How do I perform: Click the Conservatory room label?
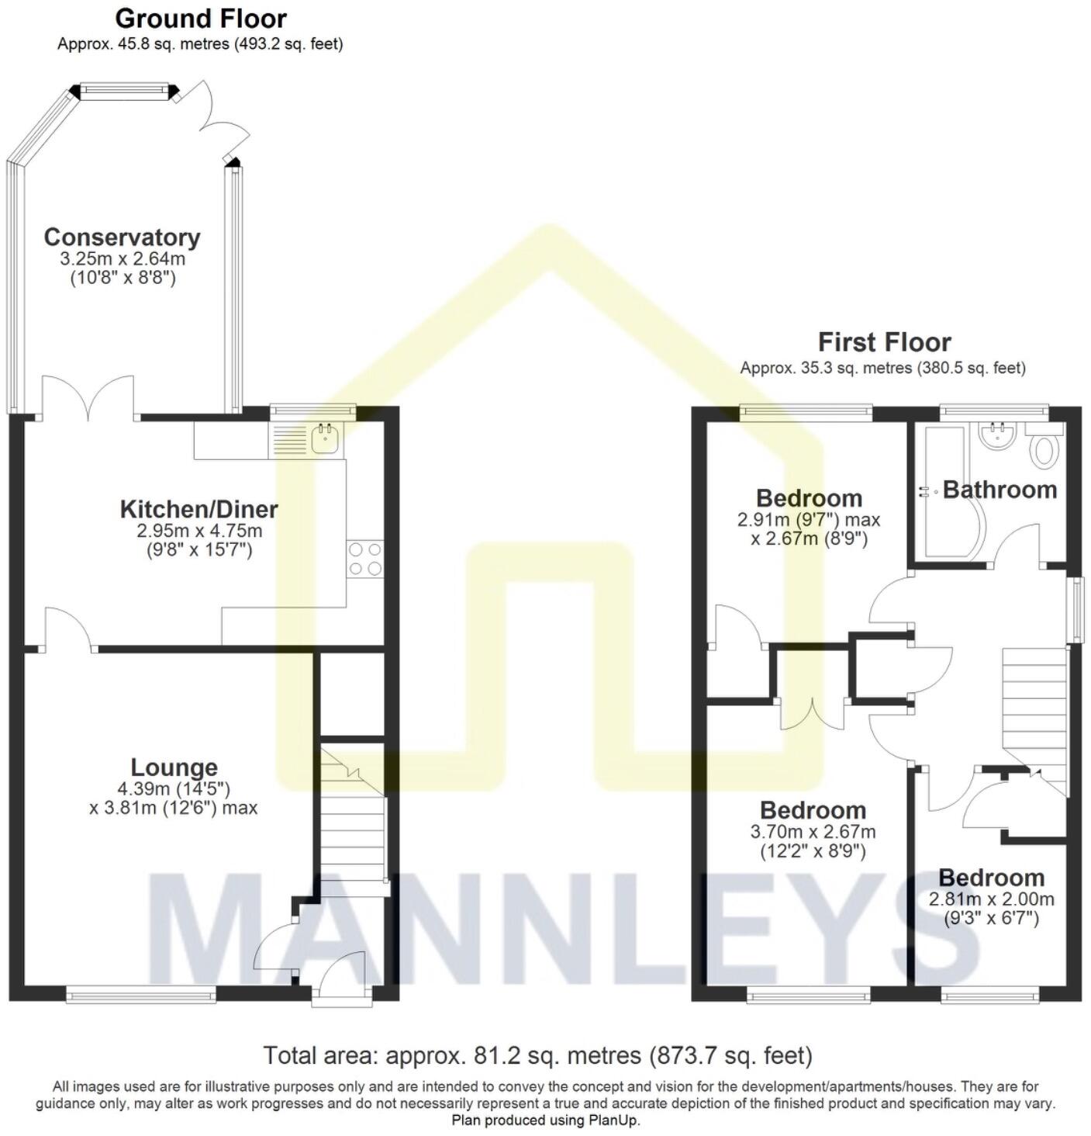(x=122, y=237)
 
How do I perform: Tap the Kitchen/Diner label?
(x=199, y=509)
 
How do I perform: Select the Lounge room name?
(x=174, y=767)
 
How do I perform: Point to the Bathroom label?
(x=1000, y=490)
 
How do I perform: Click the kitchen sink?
(x=325, y=440)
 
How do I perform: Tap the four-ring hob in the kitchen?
(x=365, y=559)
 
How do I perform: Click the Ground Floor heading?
(x=201, y=18)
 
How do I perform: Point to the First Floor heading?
(x=884, y=341)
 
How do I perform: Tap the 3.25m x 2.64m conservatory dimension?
(x=123, y=258)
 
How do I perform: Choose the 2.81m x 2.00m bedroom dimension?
(x=992, y=899)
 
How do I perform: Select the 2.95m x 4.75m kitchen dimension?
(x=199, y=532)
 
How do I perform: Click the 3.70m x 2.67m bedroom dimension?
(x=813, y=832)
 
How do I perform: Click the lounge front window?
(x=140, y=993)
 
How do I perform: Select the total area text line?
(x=537, y=1055)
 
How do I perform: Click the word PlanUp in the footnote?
(x=614, y=1120)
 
